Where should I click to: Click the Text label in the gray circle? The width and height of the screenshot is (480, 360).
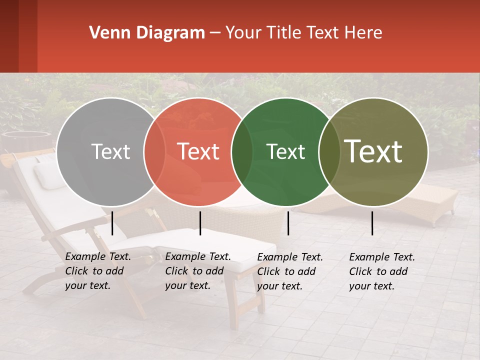110,151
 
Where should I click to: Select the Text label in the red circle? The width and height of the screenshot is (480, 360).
198,151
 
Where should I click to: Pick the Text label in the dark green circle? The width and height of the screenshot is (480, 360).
285,151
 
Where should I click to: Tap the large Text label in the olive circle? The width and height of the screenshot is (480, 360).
373,151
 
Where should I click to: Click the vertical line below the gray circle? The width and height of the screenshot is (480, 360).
112,223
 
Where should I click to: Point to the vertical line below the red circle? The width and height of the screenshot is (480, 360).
200,223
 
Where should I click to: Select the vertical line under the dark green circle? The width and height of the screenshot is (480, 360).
288,223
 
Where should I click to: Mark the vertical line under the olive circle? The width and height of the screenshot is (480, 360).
372,223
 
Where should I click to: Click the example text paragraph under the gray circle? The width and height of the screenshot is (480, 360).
97,271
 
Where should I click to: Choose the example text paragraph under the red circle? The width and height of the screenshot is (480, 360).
197,271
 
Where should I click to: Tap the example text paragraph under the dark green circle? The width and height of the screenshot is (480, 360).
290,271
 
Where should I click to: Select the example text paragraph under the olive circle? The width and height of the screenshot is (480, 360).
382,271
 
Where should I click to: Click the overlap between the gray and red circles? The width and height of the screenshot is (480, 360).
154,151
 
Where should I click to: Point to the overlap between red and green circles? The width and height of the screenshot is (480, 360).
241,151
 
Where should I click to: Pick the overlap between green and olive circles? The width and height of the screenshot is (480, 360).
329,151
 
